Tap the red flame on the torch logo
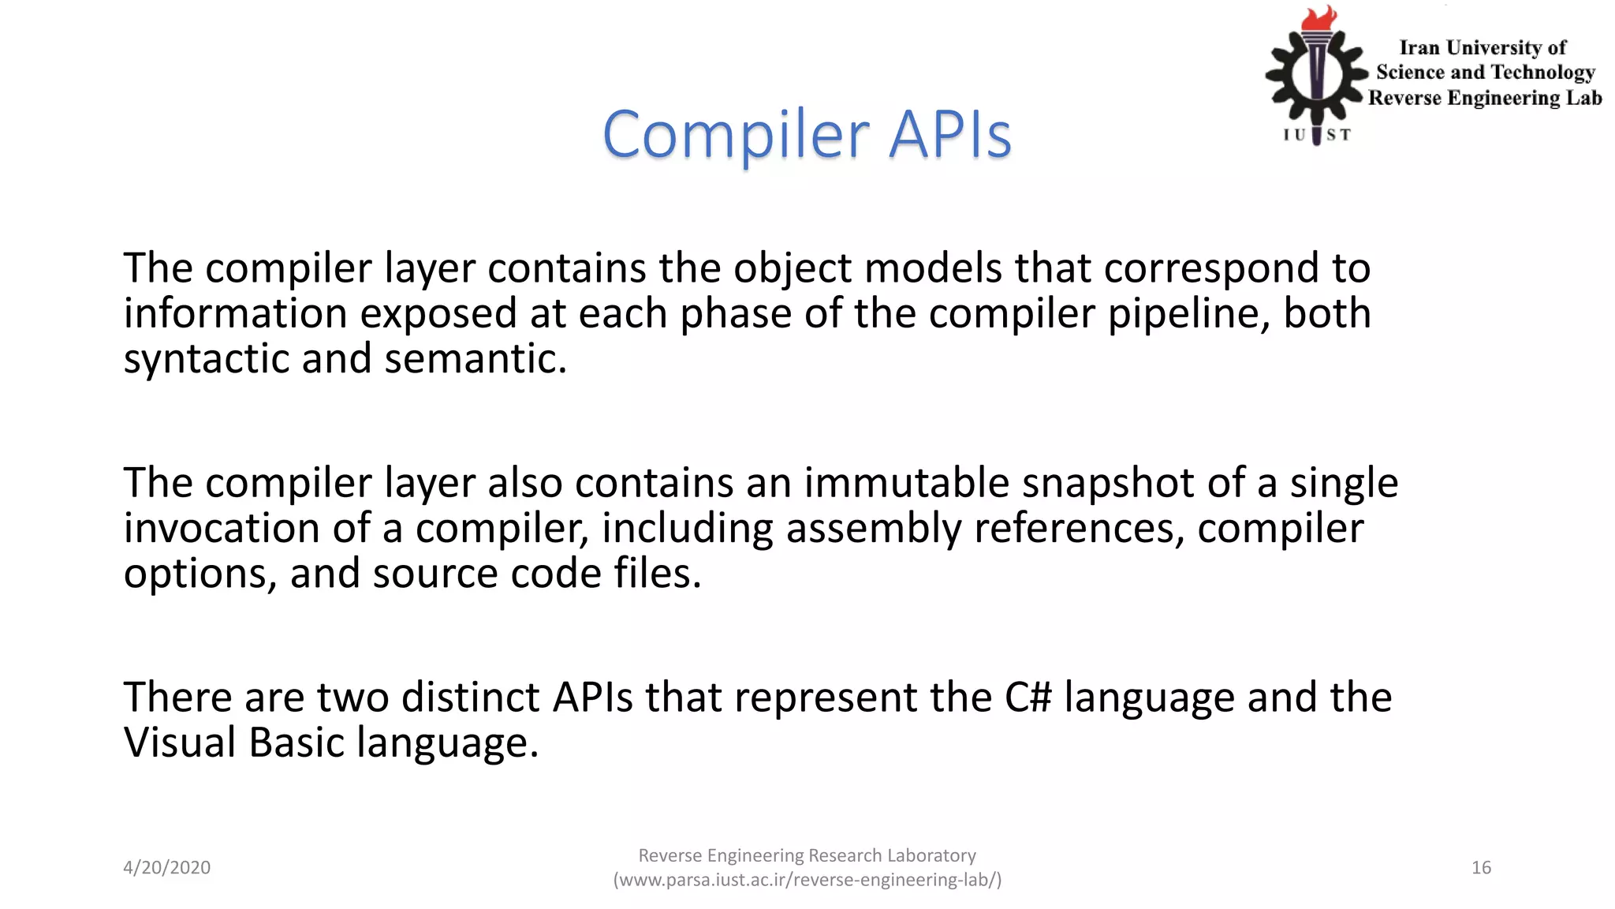click(x=1319, y=19)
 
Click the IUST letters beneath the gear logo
click(x=1317, y=135)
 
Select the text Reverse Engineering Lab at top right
click(x=1485, y=98)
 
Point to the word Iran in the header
click(x=1419, y=48)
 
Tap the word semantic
click(x=476, y=359)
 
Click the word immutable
click(x=906, y=483)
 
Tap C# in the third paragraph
click(x=1028, y=698)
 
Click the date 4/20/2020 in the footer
click(x=166, y=867)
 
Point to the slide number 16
click(x=1481, y=867)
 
